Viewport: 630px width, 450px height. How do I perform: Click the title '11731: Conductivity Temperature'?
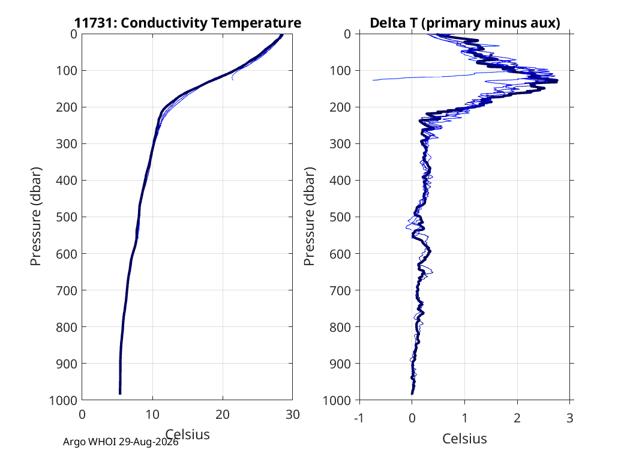pyautogui.click(x=188, y=23)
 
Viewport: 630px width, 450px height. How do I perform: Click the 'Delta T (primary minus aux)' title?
pyautogui.click(x=465, y=23)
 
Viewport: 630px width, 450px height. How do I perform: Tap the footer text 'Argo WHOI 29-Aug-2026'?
pyautogui.click(x=121, y=442)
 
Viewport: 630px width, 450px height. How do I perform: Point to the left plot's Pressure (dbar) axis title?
pyautogui.click(x=36, y=217)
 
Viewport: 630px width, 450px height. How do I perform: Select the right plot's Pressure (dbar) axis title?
pyautogui.click(x=309, y=217)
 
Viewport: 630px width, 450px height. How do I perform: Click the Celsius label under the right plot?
pyautogui.click(x=465, y=439)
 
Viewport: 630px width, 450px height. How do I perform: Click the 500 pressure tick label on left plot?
pyautogui.click(x=66, y=217)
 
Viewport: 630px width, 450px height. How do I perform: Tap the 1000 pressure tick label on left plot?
pyautogui.click(x=63, y=400)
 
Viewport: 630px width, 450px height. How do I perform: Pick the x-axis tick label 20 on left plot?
pyautogui.click(x=223, y=415)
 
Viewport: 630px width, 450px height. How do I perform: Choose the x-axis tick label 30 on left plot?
pyautogui.click(x=293, y=415)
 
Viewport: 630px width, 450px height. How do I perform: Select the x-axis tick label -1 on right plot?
pyautogui.click(x=359, y=418)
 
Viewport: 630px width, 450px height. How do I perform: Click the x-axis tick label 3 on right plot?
pyautogui.click(x=570, y=418)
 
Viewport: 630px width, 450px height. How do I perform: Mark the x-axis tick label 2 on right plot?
pyautogui.click(x=517, y=418)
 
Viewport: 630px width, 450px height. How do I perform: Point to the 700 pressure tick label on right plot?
pyautogui.click(x=340, y=290)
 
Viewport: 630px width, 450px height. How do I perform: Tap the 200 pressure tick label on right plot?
pyautogui.click(x=340, y=107)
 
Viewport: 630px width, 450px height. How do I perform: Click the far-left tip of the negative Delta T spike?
pyautogui.click(x=373, y=80)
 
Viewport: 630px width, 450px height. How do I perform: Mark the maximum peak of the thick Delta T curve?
pyautogui.click(x=557, y=81)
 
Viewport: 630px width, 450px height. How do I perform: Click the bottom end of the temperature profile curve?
pyautogui.click(x=120, y=394)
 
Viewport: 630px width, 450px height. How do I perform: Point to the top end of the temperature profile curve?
pyautogui.click(x=281, y=35)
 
